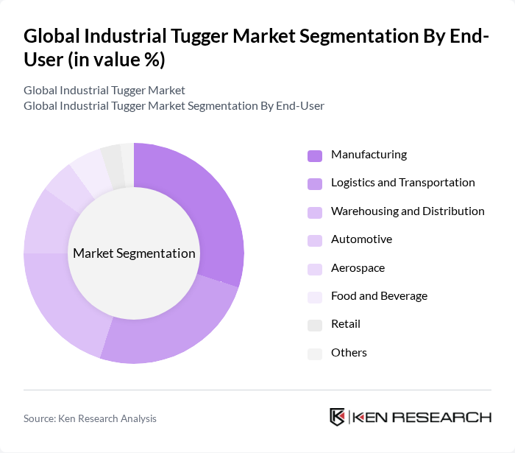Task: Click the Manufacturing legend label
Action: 369,155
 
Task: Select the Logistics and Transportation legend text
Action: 402,183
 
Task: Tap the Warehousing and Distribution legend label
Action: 407,211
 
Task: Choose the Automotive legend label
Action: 361,239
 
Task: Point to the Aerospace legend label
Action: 358,268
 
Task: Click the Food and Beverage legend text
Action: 379,296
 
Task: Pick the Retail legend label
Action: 345,324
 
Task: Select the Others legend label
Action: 349,353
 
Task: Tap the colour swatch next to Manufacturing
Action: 315,155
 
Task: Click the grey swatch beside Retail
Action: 315,325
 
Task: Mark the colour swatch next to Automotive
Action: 315,240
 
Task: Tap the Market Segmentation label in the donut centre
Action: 134,253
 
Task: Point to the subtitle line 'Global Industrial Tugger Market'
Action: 104,91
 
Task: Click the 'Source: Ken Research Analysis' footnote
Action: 90,418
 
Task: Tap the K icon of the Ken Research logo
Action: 337,417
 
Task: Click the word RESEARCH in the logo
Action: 450,417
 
